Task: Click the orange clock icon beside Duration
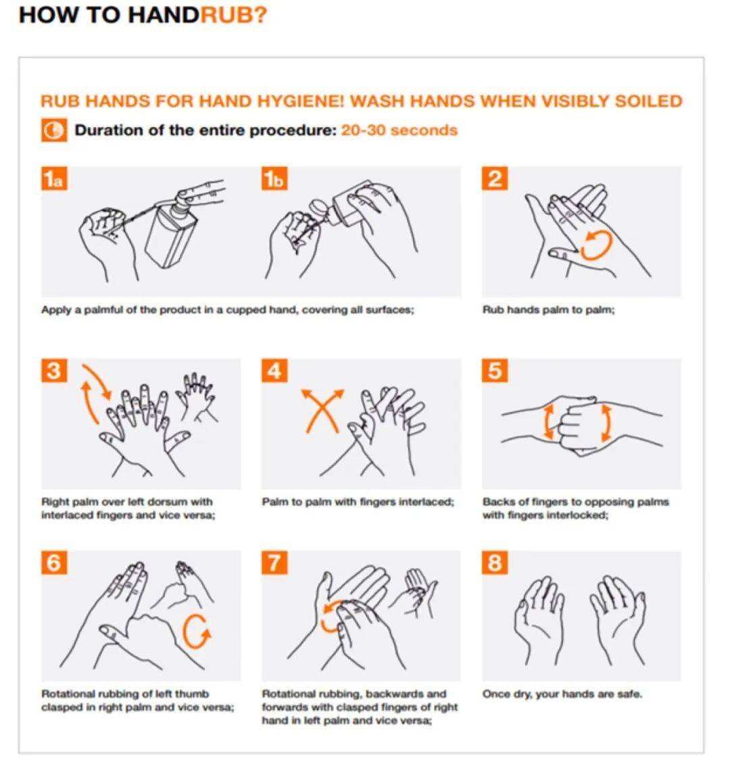point(54,130)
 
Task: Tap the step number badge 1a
point(54,179)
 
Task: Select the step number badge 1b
point(274,179)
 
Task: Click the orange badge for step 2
point(495,179)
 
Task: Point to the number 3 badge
point(54,371)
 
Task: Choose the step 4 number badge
point(274,371)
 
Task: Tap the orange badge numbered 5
point(495,371)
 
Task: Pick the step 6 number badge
point(54,563)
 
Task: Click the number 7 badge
point(274,563)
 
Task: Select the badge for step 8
point(495,563)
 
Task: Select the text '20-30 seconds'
point(399,130)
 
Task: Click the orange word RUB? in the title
point(234,15)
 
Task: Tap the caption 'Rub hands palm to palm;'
point(549,309)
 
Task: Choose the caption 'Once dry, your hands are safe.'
point(562,694)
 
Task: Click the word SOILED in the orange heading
point(649,101)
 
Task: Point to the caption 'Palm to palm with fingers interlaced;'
point(358,502)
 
